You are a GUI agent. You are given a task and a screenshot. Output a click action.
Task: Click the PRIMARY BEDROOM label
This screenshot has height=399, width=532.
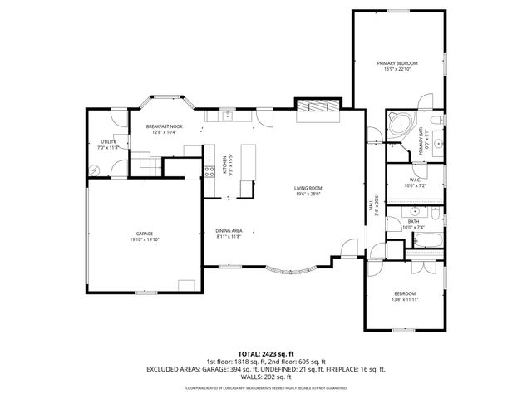(397, 63)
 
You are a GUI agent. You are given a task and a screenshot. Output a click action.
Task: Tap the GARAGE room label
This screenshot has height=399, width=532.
(145, 234)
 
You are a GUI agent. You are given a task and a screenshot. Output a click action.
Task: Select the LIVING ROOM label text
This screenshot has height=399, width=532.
(307, 188)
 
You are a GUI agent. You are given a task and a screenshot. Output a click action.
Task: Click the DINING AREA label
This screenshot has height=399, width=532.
(229, 230)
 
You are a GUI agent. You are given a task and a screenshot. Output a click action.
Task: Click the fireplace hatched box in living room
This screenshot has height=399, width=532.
(318, 106)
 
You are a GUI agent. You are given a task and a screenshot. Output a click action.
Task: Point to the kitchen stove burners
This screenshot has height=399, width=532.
(207, 172)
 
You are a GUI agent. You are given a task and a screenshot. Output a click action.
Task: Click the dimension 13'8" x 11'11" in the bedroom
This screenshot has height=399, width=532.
(405, 299)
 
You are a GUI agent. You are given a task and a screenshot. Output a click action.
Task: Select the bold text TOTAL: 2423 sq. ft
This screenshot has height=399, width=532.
(265, 354)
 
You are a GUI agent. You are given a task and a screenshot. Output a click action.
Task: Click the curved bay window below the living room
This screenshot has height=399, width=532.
(290, 270)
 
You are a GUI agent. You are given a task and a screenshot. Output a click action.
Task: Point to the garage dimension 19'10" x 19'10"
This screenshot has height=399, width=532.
(145, 239)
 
